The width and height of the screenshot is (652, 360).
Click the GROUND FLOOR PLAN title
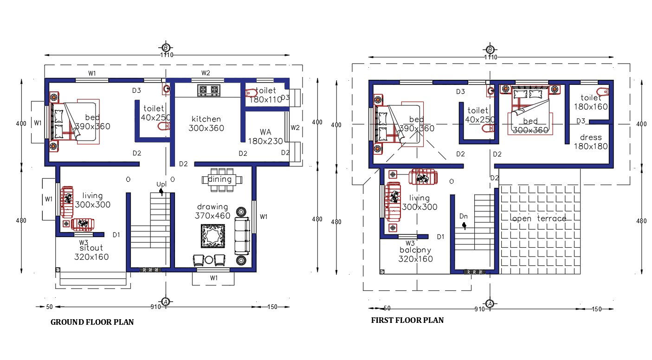click(92, 322)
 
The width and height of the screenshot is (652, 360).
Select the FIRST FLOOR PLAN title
click(407, 320)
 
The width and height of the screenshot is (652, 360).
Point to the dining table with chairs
click(219, 180)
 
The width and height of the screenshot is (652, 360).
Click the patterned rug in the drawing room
click(213, 237)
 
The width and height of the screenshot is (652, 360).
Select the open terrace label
click(538, 219)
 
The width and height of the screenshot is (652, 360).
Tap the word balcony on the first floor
click(415, 250)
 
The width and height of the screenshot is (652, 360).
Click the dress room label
click(591, 137)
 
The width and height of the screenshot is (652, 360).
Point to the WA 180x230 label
click(265, 137)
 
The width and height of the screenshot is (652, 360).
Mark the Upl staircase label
click(161, 185)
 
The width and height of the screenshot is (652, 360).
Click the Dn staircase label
click(463, 216)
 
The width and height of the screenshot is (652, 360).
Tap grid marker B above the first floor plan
click(490, 50)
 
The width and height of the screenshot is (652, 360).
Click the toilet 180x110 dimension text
click(265, 100)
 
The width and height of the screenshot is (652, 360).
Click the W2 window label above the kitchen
click(206, 73)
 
